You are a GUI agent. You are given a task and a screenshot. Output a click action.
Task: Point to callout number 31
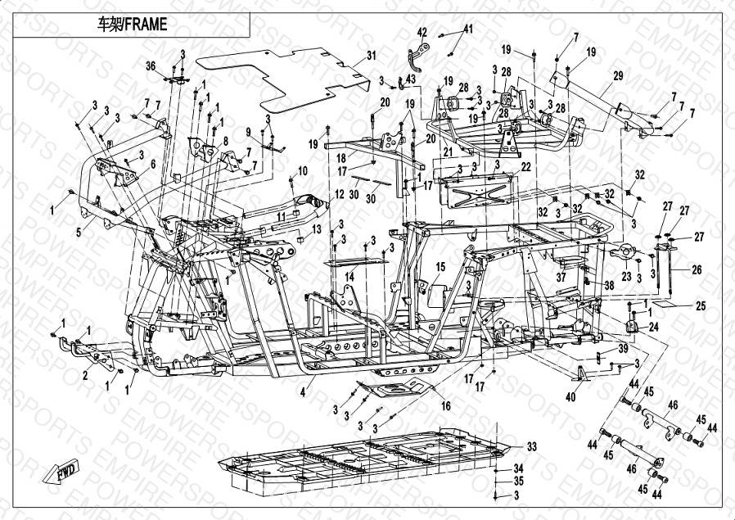click(x=371, y=56)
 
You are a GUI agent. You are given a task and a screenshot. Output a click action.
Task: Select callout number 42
click(x=422, y=32)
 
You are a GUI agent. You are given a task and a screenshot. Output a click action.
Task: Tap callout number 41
click(x=468, y=29)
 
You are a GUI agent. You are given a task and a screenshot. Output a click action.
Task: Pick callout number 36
click(x=151, y=66)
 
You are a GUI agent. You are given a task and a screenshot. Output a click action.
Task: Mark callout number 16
click(x=445, y=405)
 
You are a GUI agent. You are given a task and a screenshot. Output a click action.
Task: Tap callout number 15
click(x=440, y=267)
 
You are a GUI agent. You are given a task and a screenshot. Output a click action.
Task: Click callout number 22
click(x=525, y=166)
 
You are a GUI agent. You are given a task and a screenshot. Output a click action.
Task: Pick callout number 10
click(x=303, y=171)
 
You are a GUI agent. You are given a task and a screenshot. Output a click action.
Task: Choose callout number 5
click(x=79, y=233)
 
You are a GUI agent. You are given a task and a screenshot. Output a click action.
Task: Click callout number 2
click(x=85, y=377)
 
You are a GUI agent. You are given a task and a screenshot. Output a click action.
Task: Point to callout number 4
click(x=302, y=394)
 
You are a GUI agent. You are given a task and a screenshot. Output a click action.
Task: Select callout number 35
click(x=517, y=481)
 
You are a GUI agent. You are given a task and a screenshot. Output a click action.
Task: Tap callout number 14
click(x=349, y=278)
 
